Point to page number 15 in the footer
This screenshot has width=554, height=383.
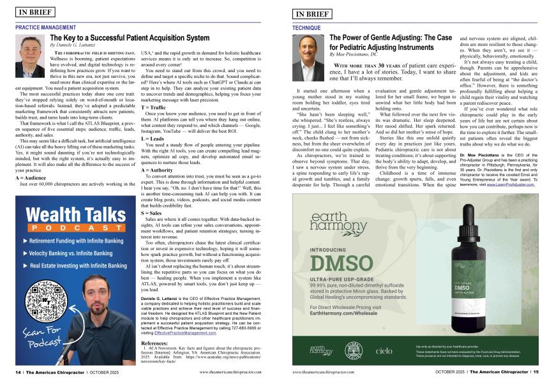pos(535,371)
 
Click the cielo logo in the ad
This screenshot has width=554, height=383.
pos(384,350)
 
